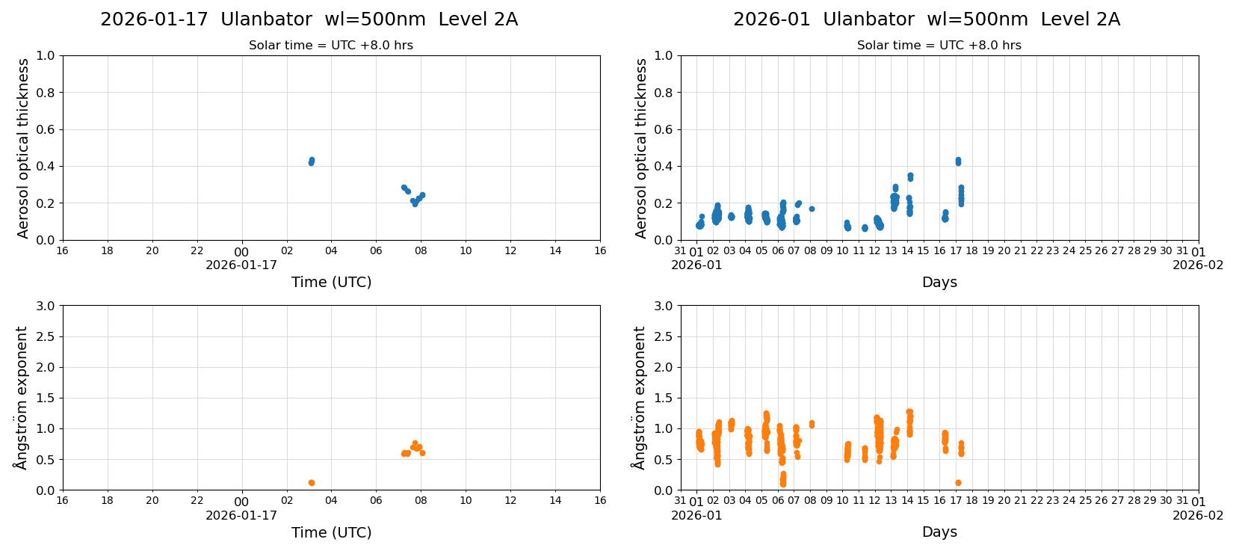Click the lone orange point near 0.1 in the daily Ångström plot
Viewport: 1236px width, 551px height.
click(312, 483)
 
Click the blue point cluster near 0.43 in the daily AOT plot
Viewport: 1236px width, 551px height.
click(312, 161)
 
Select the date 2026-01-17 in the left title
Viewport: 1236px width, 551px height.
click(154, 19)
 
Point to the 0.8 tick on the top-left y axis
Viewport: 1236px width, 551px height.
click(46, 93)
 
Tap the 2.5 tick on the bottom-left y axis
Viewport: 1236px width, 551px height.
click(46, 336)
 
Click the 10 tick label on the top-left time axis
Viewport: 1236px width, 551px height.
click(466, 251)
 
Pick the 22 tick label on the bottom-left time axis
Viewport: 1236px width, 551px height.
click(197, 501)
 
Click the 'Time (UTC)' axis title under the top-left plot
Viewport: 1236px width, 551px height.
click(331, 282)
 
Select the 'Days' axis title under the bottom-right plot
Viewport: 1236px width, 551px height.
click(939, 532)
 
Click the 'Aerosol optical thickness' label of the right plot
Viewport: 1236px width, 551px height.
click(641, 148)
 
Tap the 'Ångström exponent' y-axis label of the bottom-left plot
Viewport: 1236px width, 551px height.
click(22, 397)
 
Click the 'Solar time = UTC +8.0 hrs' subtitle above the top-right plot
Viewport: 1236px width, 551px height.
click(939, 46)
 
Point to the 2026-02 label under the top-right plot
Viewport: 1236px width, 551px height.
click(1197, 265)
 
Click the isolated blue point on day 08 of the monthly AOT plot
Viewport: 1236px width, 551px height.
click(812, 209)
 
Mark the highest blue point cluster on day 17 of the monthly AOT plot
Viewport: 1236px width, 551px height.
click(958, 161)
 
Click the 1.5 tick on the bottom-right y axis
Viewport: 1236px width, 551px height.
click(664, 398)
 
